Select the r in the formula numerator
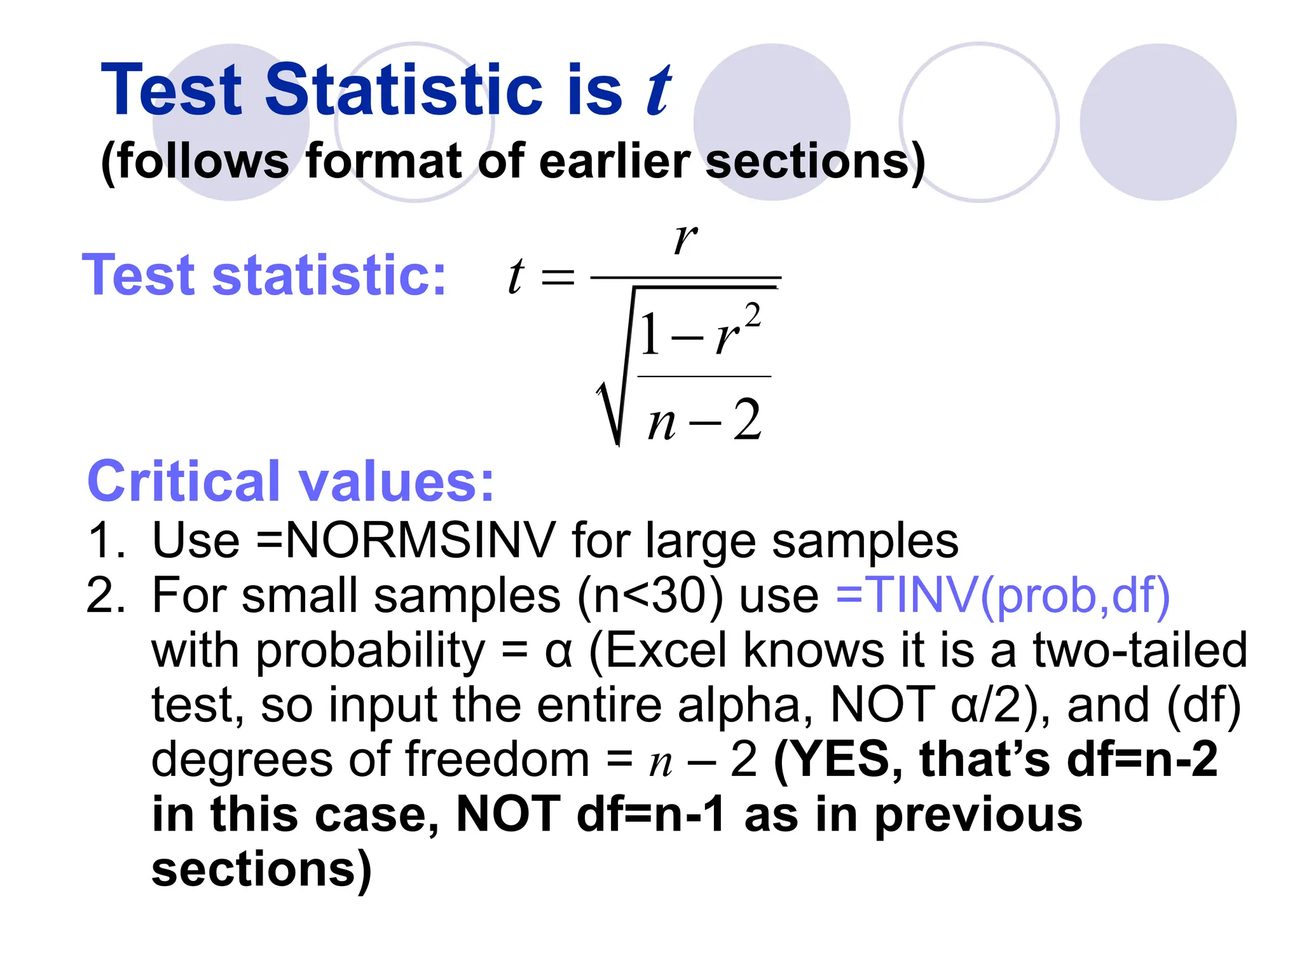685,239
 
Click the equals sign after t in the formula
558,277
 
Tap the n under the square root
662,422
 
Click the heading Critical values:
291,482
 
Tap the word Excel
666,650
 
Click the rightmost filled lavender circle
1158,122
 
